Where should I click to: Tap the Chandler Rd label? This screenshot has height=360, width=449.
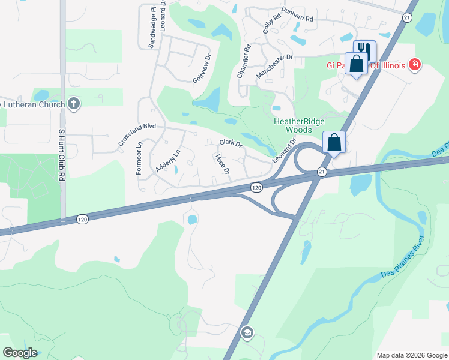243,61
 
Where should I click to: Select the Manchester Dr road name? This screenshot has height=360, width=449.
274,65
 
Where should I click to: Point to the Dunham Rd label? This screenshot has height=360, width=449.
298,19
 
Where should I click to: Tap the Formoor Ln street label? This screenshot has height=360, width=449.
139,158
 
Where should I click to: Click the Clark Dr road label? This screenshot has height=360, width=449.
231,144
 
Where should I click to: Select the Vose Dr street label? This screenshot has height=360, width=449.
222,164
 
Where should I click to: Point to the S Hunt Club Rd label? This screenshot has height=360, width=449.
61,154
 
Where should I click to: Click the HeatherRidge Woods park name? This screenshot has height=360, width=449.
293,125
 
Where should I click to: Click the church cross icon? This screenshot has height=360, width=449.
74,104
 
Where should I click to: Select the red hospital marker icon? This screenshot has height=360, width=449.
414,64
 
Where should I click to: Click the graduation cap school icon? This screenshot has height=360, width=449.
246,332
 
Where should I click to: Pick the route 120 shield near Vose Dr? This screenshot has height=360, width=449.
256,187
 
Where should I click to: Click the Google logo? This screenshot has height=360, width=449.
20,353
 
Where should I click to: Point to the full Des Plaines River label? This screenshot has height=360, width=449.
402,257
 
